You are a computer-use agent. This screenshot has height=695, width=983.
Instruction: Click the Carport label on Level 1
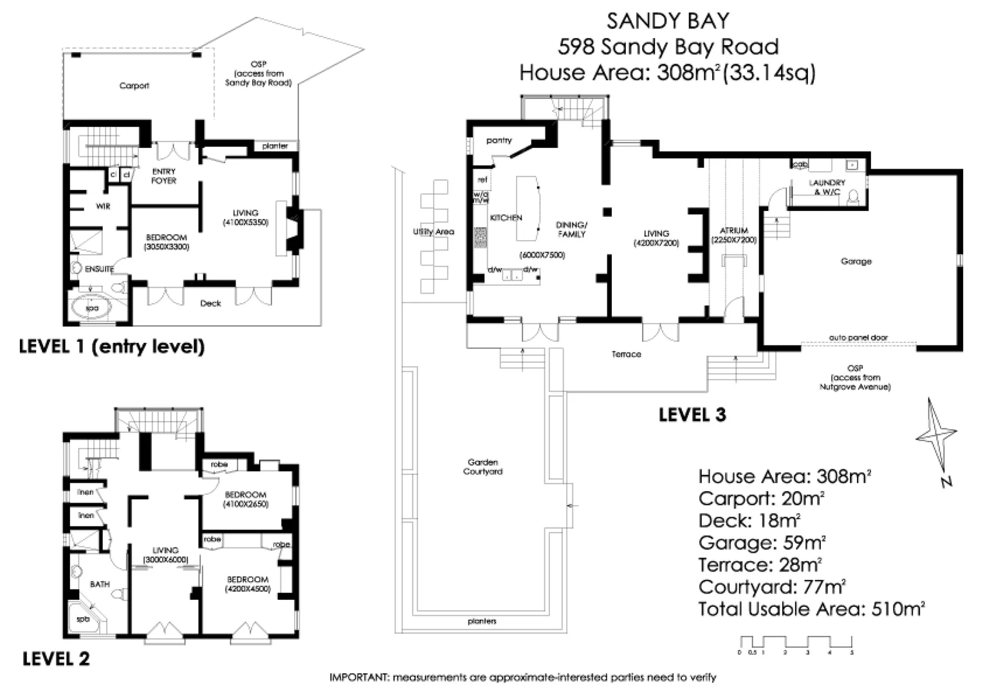click(x=134, y=86)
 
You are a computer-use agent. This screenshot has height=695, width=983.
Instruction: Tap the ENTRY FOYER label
click(x=163, y=176)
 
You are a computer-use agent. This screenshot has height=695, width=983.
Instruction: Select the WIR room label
click(x=103, y=207)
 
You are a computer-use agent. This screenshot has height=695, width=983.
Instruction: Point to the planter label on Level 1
click(x=275, y=146)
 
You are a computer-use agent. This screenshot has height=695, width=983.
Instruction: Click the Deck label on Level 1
click(x=210, y=303)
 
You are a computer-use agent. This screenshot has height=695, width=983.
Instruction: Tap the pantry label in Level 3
click(x=499, y=140)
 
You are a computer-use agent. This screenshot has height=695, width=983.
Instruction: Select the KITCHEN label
click(x=506, y=218)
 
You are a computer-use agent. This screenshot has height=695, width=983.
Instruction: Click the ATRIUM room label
click(x=733, y=230)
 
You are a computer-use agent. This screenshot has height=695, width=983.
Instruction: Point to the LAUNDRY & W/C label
click(x=826, y=187)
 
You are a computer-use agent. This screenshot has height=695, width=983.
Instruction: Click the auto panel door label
click(x=858, y=338)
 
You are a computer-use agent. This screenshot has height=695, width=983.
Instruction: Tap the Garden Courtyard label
click(x=482, y=467)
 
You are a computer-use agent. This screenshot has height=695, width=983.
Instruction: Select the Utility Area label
click(x=433, y=232)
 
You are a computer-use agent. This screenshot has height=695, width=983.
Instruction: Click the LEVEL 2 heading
click(x=56, y=659)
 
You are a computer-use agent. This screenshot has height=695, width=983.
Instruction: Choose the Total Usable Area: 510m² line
click(x=811, y=609)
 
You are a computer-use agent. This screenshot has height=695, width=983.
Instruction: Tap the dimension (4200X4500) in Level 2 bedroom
click(x=247, y=589)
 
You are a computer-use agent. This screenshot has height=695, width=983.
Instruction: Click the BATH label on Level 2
click(x=100, y=584)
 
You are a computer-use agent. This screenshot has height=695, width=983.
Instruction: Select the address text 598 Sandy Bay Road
click(x=668, y=47)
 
